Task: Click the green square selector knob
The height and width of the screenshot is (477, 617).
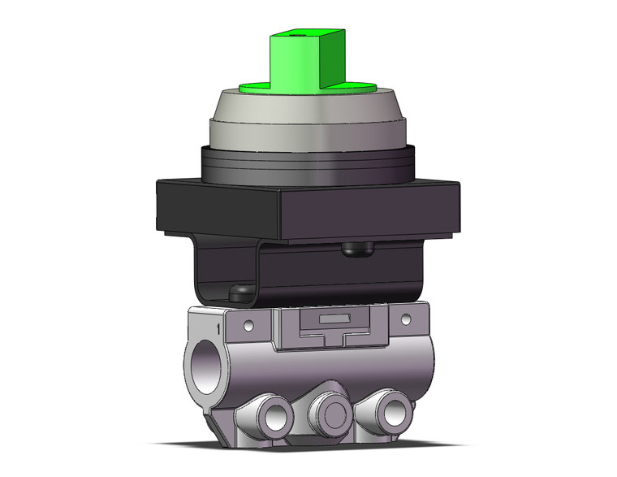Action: pyautogui.click(x=301, y=61)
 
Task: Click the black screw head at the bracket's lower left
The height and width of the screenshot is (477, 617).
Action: pyautogui.click(x=239, y=290)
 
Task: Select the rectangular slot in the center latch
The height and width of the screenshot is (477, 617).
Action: pyautogui.click(x=326, y=320)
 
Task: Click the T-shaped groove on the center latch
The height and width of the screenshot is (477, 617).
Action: pyautogui.click(x=326, y=334)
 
